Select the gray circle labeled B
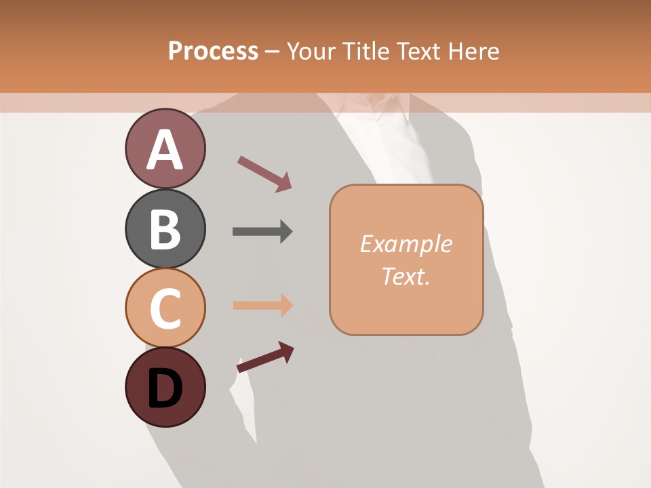tap(165, 228)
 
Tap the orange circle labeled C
tap(165, 308)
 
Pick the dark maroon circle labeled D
tap(165, 387)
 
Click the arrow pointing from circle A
tap(264, 173)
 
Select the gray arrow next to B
tap(262, 232)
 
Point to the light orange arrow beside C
tap(262, 306)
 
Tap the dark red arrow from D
tap(265, 357)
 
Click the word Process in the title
tap(213, 51)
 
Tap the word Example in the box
tap(406, 244)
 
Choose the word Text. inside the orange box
tap(406, 276)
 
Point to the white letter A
tap(165, 150)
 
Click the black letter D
tap(165, 388)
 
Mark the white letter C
tap(165, 309)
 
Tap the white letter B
tap(165, 230)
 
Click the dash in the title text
tap(273, 52)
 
